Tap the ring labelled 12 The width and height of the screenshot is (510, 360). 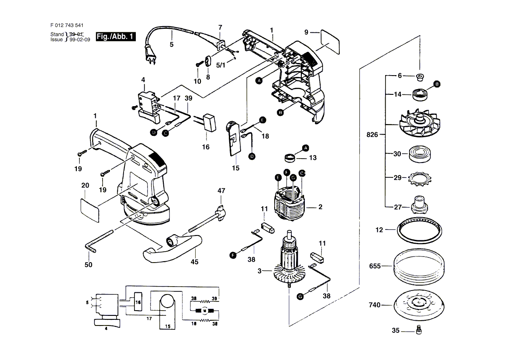pyautogui.click(x=420, y=230)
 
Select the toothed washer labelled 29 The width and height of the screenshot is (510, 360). pyautogui.click(x=420, y=178)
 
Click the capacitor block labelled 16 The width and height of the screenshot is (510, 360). pyautogui.click(x=210, y=122)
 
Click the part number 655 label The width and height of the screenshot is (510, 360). pyautogui.click(x=375, y=266)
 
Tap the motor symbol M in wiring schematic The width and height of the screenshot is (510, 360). pyautogui.click(x=203, y=311)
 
